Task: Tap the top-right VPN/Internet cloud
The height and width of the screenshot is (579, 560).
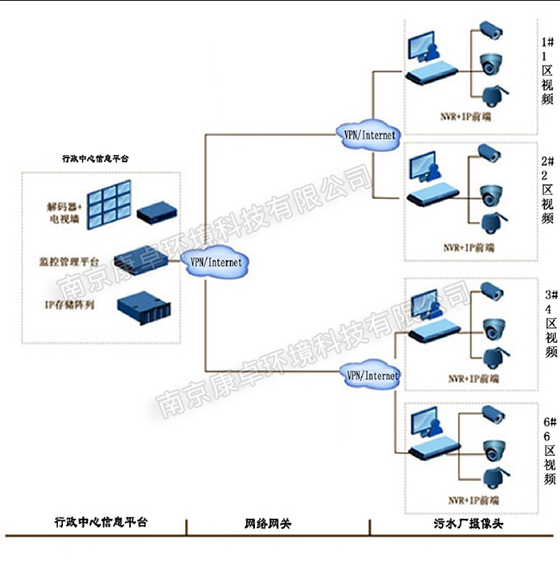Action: (369, 134)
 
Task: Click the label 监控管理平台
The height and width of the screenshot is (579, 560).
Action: (73, 260)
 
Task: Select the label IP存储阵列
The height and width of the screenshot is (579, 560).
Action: (68, 305)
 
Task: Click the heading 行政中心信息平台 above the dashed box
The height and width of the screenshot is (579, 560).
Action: (102, 159)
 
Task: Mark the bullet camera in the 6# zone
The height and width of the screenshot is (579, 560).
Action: (491, 413)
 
